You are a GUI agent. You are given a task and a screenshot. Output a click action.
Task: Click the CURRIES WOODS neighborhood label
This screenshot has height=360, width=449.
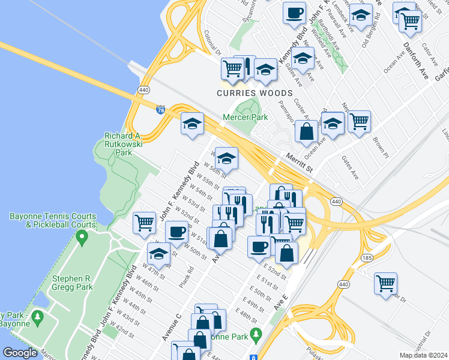click(255, 94)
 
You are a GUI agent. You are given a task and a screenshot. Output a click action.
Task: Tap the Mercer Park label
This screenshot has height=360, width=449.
click(245, 118)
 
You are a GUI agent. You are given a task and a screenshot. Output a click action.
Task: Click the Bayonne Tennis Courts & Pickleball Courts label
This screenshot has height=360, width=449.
click(52, 220)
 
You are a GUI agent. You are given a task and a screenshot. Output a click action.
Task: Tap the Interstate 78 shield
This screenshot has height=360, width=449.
click(160, 110)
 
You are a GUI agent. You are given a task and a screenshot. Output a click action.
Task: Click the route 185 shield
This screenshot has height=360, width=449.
click(366, 257)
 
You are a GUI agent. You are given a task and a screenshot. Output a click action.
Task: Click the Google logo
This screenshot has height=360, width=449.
click(20, 353)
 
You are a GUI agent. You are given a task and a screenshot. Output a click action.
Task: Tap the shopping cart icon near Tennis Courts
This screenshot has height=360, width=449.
click(145, 223)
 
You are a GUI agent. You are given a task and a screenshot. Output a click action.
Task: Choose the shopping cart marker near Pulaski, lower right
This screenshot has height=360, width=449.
click(385, 283)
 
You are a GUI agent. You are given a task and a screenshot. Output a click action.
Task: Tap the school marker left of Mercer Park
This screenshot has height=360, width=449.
click(193, 124)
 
